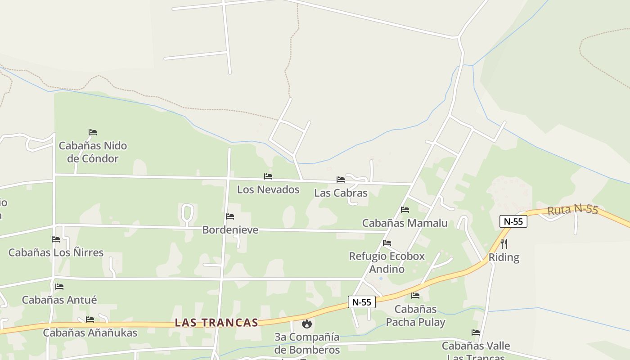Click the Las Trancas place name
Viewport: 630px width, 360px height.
(216, 323)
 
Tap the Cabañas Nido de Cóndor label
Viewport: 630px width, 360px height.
(93, 152)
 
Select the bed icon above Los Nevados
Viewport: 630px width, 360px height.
(268, 176)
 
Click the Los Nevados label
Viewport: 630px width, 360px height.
(268, 189)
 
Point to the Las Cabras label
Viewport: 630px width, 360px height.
(341, 193)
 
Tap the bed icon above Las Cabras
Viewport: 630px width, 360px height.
(341, 180)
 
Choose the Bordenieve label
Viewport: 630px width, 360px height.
(230, 230)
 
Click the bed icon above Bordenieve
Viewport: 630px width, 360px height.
(230, 216)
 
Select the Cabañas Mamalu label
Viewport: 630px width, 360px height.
(405, 223)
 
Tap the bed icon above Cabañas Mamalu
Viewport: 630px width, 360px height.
(405, 210)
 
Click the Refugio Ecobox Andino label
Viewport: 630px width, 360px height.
(387, 263)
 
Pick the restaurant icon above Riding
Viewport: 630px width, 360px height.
(504, 244)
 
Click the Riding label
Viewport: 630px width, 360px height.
(504, 257)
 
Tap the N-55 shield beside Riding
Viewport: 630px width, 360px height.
(513, 221)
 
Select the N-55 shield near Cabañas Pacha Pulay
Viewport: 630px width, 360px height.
(362, 302)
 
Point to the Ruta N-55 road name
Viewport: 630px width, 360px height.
(572, 210)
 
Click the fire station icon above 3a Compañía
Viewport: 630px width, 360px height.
(307, 324)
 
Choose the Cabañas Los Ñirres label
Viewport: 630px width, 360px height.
(56, 252)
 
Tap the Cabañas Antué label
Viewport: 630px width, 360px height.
(59, 300)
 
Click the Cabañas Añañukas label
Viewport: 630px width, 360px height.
(90, 333)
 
